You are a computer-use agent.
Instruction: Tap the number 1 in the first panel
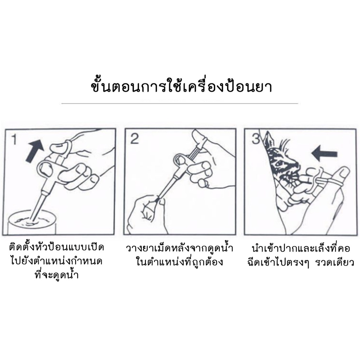(14, 139)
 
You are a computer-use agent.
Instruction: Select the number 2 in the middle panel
(134, 139)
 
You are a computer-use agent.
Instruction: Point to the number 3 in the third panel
(256, 139)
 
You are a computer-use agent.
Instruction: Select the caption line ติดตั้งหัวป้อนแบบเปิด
(57, 248)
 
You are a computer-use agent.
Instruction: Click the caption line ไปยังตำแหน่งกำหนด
(57, 261)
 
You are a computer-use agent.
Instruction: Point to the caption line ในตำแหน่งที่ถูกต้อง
(179, 262)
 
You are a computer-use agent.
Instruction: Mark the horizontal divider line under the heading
(180, 104)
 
